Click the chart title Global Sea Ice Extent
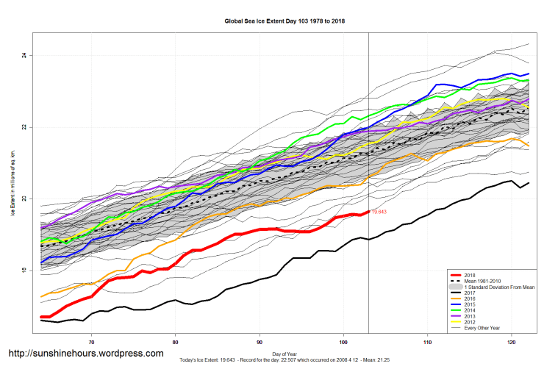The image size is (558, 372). [x=285, y=21]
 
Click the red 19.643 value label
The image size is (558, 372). [x=379, y=212]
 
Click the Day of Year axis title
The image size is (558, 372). [x=284, y=354]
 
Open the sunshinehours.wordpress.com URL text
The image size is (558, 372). [x=85, y=354]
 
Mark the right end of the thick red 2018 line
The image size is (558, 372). [x=368, y=212]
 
